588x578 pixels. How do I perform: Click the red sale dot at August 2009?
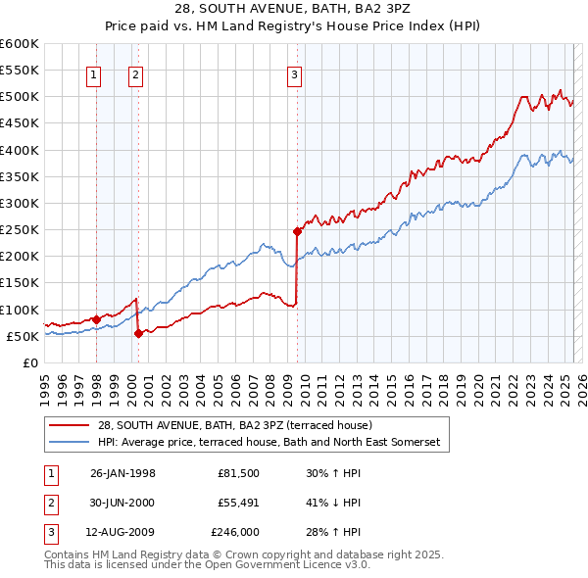(297, 232)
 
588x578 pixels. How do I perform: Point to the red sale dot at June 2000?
(138, 333)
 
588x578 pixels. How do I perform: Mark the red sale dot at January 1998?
(96, 319)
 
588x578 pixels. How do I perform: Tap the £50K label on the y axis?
(24, 336)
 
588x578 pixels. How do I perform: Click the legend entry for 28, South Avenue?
(235, 425)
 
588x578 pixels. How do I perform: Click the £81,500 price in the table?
(238, 473)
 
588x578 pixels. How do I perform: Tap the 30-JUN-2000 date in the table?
(122, 503)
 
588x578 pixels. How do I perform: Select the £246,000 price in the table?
(235, 532)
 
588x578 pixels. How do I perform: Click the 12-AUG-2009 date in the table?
(122, 532)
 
